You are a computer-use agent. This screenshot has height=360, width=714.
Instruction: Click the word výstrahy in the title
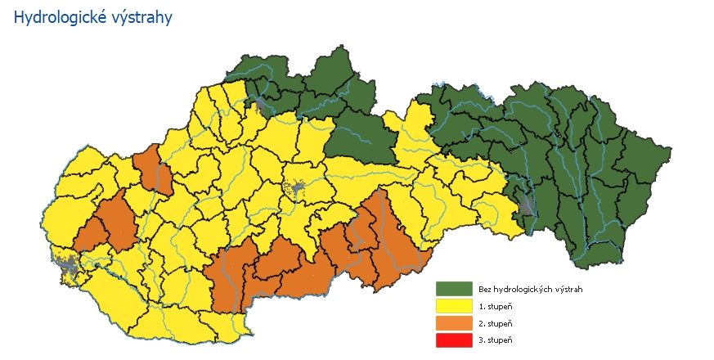point(141,18)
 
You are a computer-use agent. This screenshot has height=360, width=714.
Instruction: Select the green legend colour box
point(454,289)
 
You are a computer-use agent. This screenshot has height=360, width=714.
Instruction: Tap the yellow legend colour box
point(454,306)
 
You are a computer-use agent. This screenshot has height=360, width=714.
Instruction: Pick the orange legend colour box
point(454,323)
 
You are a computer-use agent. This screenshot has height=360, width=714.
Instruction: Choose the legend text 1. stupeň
point(496,307)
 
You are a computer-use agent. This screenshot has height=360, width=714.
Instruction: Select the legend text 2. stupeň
point(496,323)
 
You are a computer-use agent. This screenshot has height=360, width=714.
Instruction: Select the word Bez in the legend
point(485,290)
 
